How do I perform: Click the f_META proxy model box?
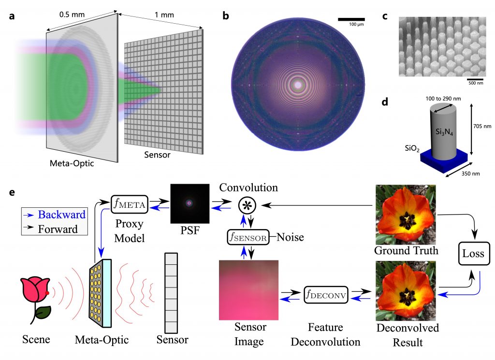click(x=130, y=204)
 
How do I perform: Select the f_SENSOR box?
click(x=248, y=237)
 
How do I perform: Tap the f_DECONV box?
click(x=326, y=295)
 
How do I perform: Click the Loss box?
click(x=474, y=253)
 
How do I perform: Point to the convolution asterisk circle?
click(x=247, y=205)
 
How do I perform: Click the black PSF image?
click(x=189, y=204)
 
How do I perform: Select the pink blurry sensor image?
click(x=249, y=290)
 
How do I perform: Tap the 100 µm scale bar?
click(x=351, y=19)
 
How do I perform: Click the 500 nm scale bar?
click(x=475, y=79)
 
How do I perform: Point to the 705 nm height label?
click(x=482, y=126)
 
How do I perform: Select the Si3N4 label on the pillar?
click(x=444, y=131)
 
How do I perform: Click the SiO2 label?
click(x=412, y=148)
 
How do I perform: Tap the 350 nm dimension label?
click(x=470, y=173)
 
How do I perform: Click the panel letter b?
click(x=225, y=15)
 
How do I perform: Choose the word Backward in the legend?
click(x=61, y=215)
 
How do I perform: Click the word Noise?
click(x=290, y=237)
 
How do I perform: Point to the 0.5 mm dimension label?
click(x=72, y=14)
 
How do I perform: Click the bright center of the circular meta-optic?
click(x=298, y=85)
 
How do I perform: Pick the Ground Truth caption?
click(x=406, y=250)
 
